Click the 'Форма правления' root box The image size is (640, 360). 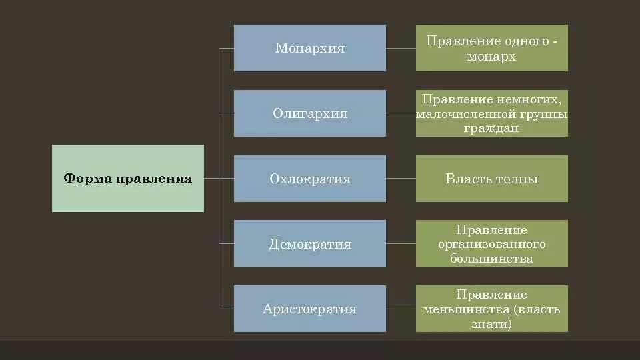click(x=128, y=179)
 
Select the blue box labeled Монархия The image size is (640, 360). click(x=309, y=48)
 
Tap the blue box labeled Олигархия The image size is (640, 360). click(x=309, y=113)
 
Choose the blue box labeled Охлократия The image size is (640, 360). click(x=309, y=179)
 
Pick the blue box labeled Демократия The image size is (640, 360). click(x=309, y=243)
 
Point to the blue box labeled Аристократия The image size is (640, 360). click(x=309, y=309)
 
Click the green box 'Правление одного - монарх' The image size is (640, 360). click(x=492, y=48)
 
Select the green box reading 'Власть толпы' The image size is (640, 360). click(x=492, y=179)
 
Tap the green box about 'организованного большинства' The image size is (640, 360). click(x=492, y=243)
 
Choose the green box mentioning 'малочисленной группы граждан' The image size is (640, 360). click(x=492, y=113)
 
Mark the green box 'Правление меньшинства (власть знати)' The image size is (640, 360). click(x=492, y=309)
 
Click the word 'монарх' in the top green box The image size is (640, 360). click(x=492, y=57)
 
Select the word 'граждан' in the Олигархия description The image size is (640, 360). click(x=492, y=128)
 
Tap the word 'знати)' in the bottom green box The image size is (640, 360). click(x=492, y=324)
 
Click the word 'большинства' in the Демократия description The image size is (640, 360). click(x=492, y=259)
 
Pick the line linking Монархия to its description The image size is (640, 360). click(x=401, y=48)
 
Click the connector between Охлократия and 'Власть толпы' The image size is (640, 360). click(x=401, y=179)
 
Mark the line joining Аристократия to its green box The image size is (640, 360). click(x=401, y=309)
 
